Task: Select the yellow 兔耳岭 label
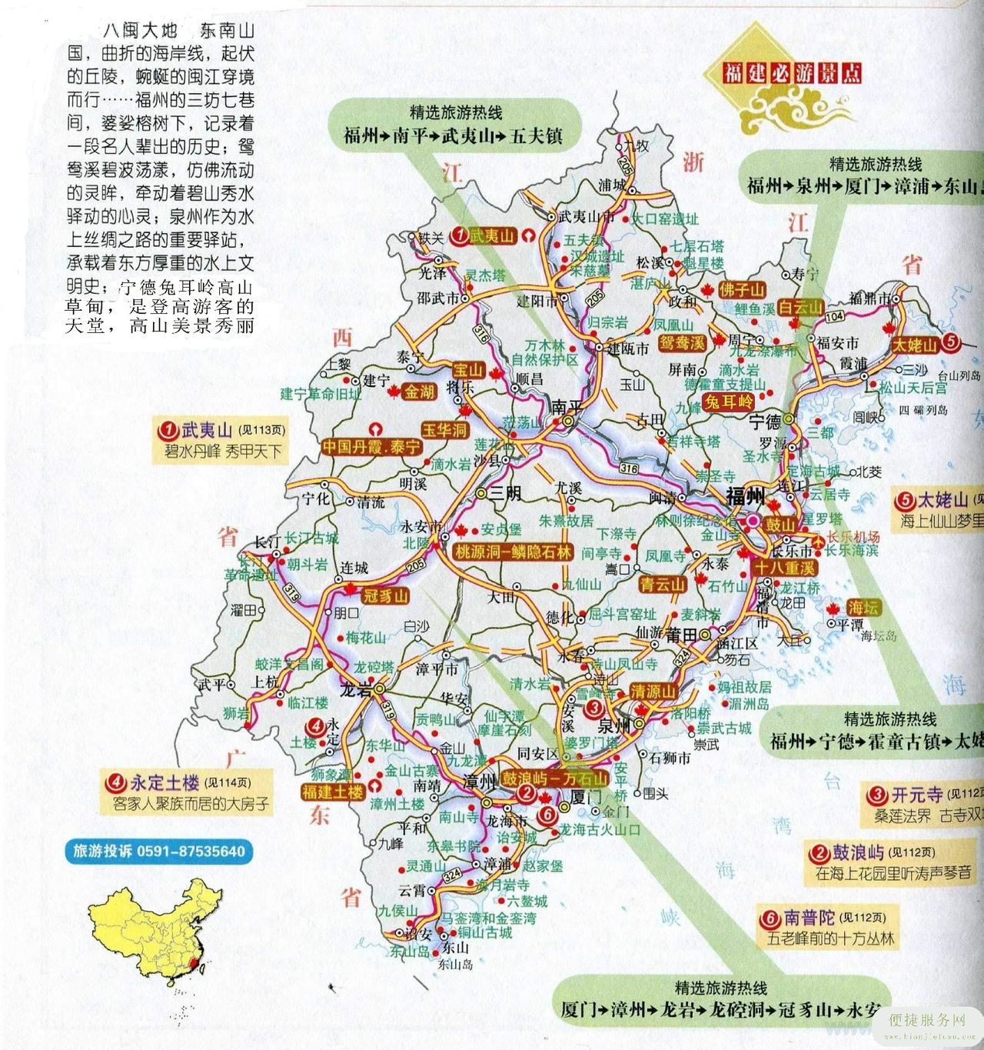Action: [x=729, y=401]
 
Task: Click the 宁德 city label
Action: [x=765, y=421]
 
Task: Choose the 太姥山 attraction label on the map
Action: [x=915, y=344]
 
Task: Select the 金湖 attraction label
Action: [x=420, y=391]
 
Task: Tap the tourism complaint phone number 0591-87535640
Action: [x=159, y=851]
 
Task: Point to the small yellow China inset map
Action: [x=154, y=935]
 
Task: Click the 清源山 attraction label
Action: [x=653, y=691]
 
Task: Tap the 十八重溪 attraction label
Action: [x=783, y=568]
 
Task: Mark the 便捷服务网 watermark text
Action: [x=926, y=1020]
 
